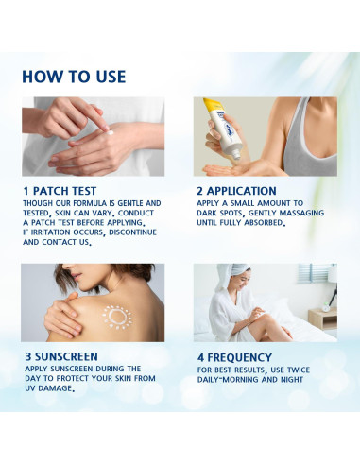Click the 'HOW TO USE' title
pos(74,77)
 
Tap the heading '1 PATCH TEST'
pos(60,191)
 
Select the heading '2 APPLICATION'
pos(236,191)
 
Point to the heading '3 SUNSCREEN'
pos(61,356)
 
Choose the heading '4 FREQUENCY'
pos(234,357)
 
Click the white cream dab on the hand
pos(110,133)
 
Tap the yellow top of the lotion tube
pos(214,106)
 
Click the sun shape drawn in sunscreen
pos(117,317)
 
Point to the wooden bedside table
pos(322,319)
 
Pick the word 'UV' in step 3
pos(30,388)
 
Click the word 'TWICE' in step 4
pos(299,370)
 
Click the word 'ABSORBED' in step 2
pos(264,223)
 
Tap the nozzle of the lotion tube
pos(235,155)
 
